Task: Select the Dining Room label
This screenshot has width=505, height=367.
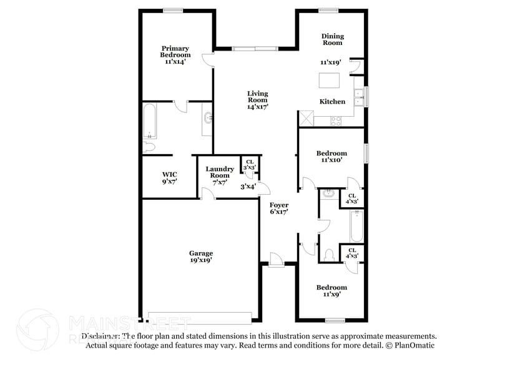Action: click(333, 39)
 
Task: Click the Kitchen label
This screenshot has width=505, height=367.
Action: click(332, 101)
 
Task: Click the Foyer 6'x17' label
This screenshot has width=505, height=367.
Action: click(279, 208)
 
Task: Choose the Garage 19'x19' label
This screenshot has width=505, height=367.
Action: click(201, 257)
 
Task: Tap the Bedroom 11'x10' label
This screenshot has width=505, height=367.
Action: click(331, 157)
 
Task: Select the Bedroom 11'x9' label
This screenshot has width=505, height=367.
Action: click(331, 291)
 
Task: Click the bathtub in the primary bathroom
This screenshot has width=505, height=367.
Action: click(150, 121)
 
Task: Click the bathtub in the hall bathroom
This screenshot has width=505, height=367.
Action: click(356, 227)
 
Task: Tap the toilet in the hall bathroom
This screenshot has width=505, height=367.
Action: click(330, 255)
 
